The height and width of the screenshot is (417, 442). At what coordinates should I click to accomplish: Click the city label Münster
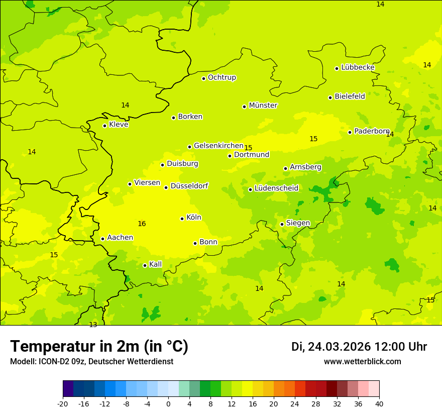pos(263,106)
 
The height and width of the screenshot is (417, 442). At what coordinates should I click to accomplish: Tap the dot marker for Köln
pos(182,219)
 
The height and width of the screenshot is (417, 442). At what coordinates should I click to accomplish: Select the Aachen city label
pos(120,238)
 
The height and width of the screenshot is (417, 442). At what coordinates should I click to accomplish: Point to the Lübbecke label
pos(358,67)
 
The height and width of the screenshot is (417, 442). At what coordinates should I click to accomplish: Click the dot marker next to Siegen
pos(282,224)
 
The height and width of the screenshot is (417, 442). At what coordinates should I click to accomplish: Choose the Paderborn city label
pos(372,131)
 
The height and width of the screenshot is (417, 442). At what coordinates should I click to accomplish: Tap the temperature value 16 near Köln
pos(142,224)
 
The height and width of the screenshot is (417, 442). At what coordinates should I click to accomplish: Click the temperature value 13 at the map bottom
pos(93,325)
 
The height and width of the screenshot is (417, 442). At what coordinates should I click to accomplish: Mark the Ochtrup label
pos(222,77)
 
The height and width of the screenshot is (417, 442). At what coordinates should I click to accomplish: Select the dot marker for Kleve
pos(104,126)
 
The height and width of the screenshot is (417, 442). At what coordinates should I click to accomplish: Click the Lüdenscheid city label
pos(276,188)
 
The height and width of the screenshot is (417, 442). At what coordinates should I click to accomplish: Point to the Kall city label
pos(155,264)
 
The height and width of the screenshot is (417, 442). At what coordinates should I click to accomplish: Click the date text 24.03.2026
pos(339,347)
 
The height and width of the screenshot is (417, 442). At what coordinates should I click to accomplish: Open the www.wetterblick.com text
pos(362,361)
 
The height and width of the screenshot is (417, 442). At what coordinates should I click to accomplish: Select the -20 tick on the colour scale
pos(63,403)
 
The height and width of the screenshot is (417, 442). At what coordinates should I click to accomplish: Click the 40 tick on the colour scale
pos(379,403)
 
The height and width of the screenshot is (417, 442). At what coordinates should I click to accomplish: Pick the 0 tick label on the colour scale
pos(168,403)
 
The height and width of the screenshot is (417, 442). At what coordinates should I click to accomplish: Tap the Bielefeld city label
pos(350,96)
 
